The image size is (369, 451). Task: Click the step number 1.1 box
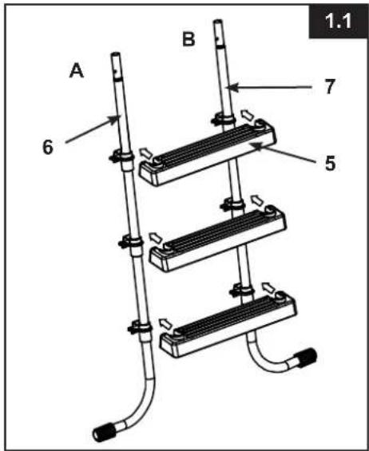(338, 22)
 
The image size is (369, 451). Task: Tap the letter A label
(77, 71)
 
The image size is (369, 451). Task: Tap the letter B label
(188, 39)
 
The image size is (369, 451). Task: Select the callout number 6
(48, 147)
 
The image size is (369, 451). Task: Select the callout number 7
(330, 86)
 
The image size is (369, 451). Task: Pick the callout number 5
(330, 164)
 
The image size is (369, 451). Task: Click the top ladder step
(208, 152)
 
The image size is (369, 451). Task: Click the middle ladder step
(218, 238)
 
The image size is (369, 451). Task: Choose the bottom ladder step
(228, 324)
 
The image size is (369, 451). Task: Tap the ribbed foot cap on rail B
(306, 358)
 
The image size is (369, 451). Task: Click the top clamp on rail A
(122, 156)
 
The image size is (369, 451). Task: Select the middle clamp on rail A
(131, 241)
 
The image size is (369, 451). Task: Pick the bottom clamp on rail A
(141, 326)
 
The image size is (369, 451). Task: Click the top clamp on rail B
(224, 119)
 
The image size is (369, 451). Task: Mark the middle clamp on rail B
(233, 204)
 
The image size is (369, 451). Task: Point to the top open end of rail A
(116, 53)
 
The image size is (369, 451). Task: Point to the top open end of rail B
(217, 21)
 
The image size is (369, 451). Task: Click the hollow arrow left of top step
(146, 153)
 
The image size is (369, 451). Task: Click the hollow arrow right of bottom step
(269, 287)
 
